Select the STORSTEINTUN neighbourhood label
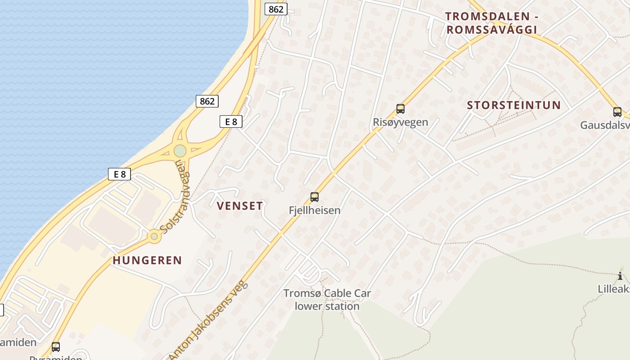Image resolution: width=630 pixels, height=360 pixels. (x=514, y=105)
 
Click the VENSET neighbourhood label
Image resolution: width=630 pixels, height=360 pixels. (x=240, y=206)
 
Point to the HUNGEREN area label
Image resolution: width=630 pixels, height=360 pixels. (x=147, y=260)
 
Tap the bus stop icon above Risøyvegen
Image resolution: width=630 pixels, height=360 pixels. (x=400, y=108)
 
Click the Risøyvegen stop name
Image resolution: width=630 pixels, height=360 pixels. (x=400, y=122)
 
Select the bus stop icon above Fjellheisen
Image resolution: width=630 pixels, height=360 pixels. (x=315, y=197)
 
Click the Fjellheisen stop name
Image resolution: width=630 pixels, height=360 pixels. (x=315, y=210)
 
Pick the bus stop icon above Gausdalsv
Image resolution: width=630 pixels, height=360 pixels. (x=617, y=112)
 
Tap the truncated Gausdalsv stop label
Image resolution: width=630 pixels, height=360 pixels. (x=605, y=125)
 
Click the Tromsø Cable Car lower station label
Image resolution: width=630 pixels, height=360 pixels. (x=327, y=300)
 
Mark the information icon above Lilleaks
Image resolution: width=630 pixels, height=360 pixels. (x=620, y=276)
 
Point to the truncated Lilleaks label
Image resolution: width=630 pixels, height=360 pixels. (x=614, y=289)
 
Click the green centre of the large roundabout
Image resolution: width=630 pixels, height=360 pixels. (x=180, y=151)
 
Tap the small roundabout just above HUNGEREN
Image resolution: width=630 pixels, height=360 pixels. (x=154, y=236)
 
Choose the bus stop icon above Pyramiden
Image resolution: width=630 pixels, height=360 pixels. (x=56, y=347)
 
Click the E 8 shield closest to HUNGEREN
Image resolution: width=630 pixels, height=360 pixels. (x=119, y=174)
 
